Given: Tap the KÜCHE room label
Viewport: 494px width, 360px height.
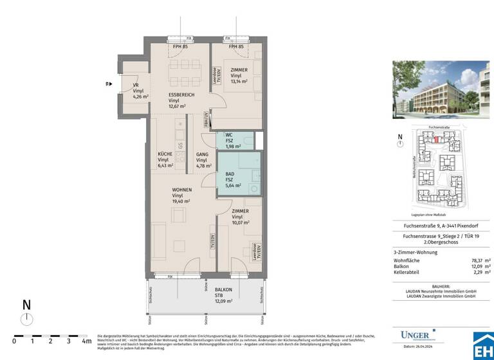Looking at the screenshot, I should [165, 154].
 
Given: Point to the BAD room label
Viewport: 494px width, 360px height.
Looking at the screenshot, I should [230, 174].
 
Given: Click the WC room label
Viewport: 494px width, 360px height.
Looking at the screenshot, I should [228, 135].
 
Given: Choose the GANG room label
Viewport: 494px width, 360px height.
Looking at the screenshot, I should [202, 154].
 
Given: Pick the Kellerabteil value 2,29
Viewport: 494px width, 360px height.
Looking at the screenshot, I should [480, 273].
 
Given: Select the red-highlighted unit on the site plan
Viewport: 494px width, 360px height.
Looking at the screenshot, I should [438, 139].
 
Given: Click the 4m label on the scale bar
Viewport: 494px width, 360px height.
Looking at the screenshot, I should [86, 342].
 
